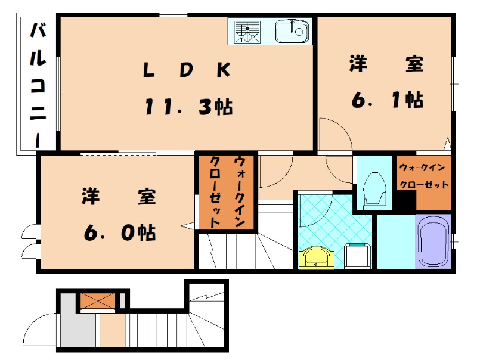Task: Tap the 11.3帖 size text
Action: click(x=188, y=107)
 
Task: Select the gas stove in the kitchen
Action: click(x=247, y=31)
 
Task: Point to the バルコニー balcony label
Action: click(x=38, y=83)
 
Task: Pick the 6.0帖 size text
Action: click(x=119, y=232)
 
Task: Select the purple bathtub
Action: click(x=433, y=241)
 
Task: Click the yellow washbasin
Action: click(x=317, y=257)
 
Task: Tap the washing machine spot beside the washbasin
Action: click(x=358, y=256)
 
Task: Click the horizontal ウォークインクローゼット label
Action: click(x=423, y=176)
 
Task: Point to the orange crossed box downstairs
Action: click(x=98, y=302)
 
